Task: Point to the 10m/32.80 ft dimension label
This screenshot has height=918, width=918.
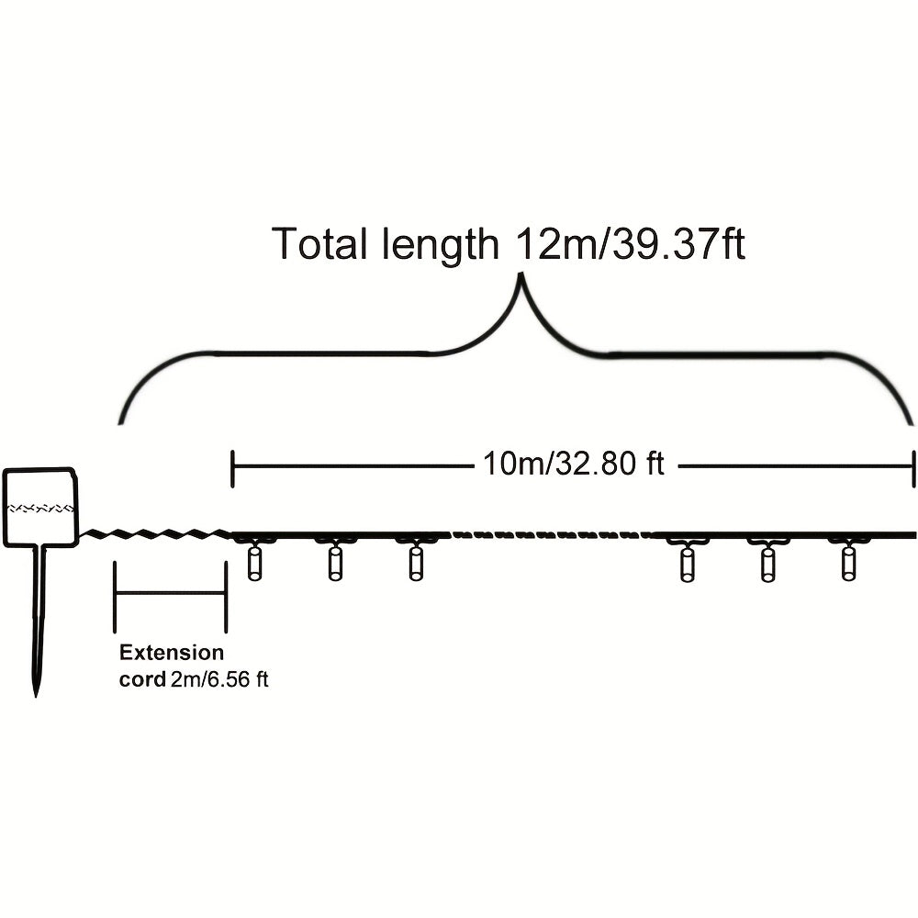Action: (574, 464)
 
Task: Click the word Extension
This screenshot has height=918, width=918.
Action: (171, 652)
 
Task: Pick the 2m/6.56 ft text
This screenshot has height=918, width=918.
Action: (219, 679)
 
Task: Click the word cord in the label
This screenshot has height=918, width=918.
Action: (142, 679)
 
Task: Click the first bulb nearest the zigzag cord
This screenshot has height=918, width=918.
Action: (254, 562)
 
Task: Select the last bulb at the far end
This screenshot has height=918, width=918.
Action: (847, 562)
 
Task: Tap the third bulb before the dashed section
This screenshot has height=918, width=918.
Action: (415, 562)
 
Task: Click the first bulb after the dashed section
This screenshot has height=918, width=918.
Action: (687, 562)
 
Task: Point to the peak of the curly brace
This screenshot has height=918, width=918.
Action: (520, 275)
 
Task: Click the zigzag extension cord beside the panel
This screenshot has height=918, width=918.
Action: (155, 533)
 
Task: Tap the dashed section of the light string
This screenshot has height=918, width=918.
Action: (550, 534)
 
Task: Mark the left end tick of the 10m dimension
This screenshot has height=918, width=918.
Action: (233, 468)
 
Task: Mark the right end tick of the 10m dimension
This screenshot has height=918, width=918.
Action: (912, 468)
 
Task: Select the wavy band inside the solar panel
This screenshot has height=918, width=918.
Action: (40, 508)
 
